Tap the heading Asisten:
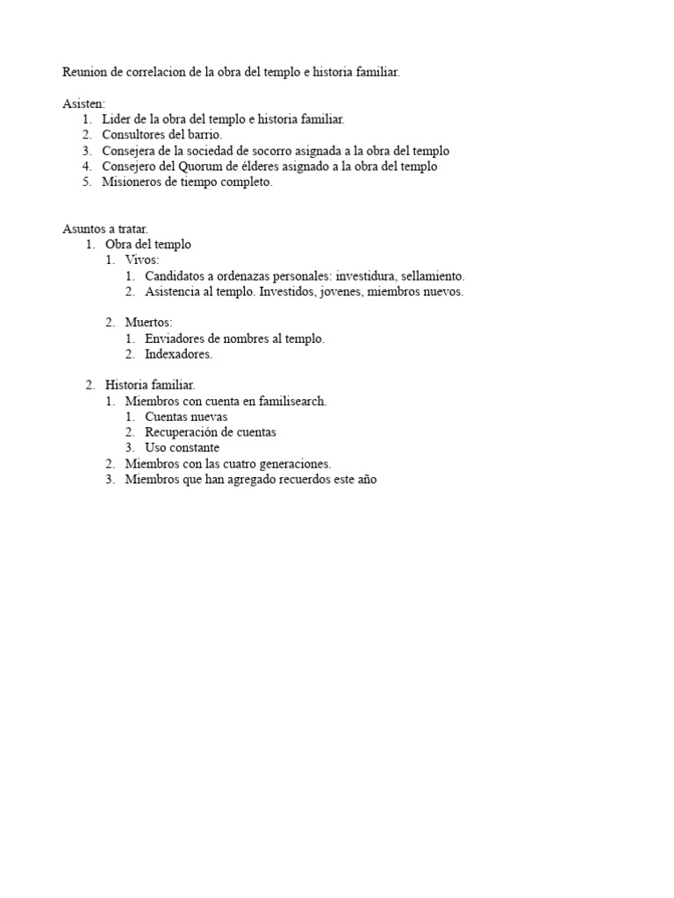83,103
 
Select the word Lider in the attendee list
116,119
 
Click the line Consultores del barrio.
161,135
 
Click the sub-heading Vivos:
142,260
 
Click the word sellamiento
433,276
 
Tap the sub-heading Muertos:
148,323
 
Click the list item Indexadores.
178,354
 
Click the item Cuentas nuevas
185,417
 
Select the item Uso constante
182,448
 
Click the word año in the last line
366,480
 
